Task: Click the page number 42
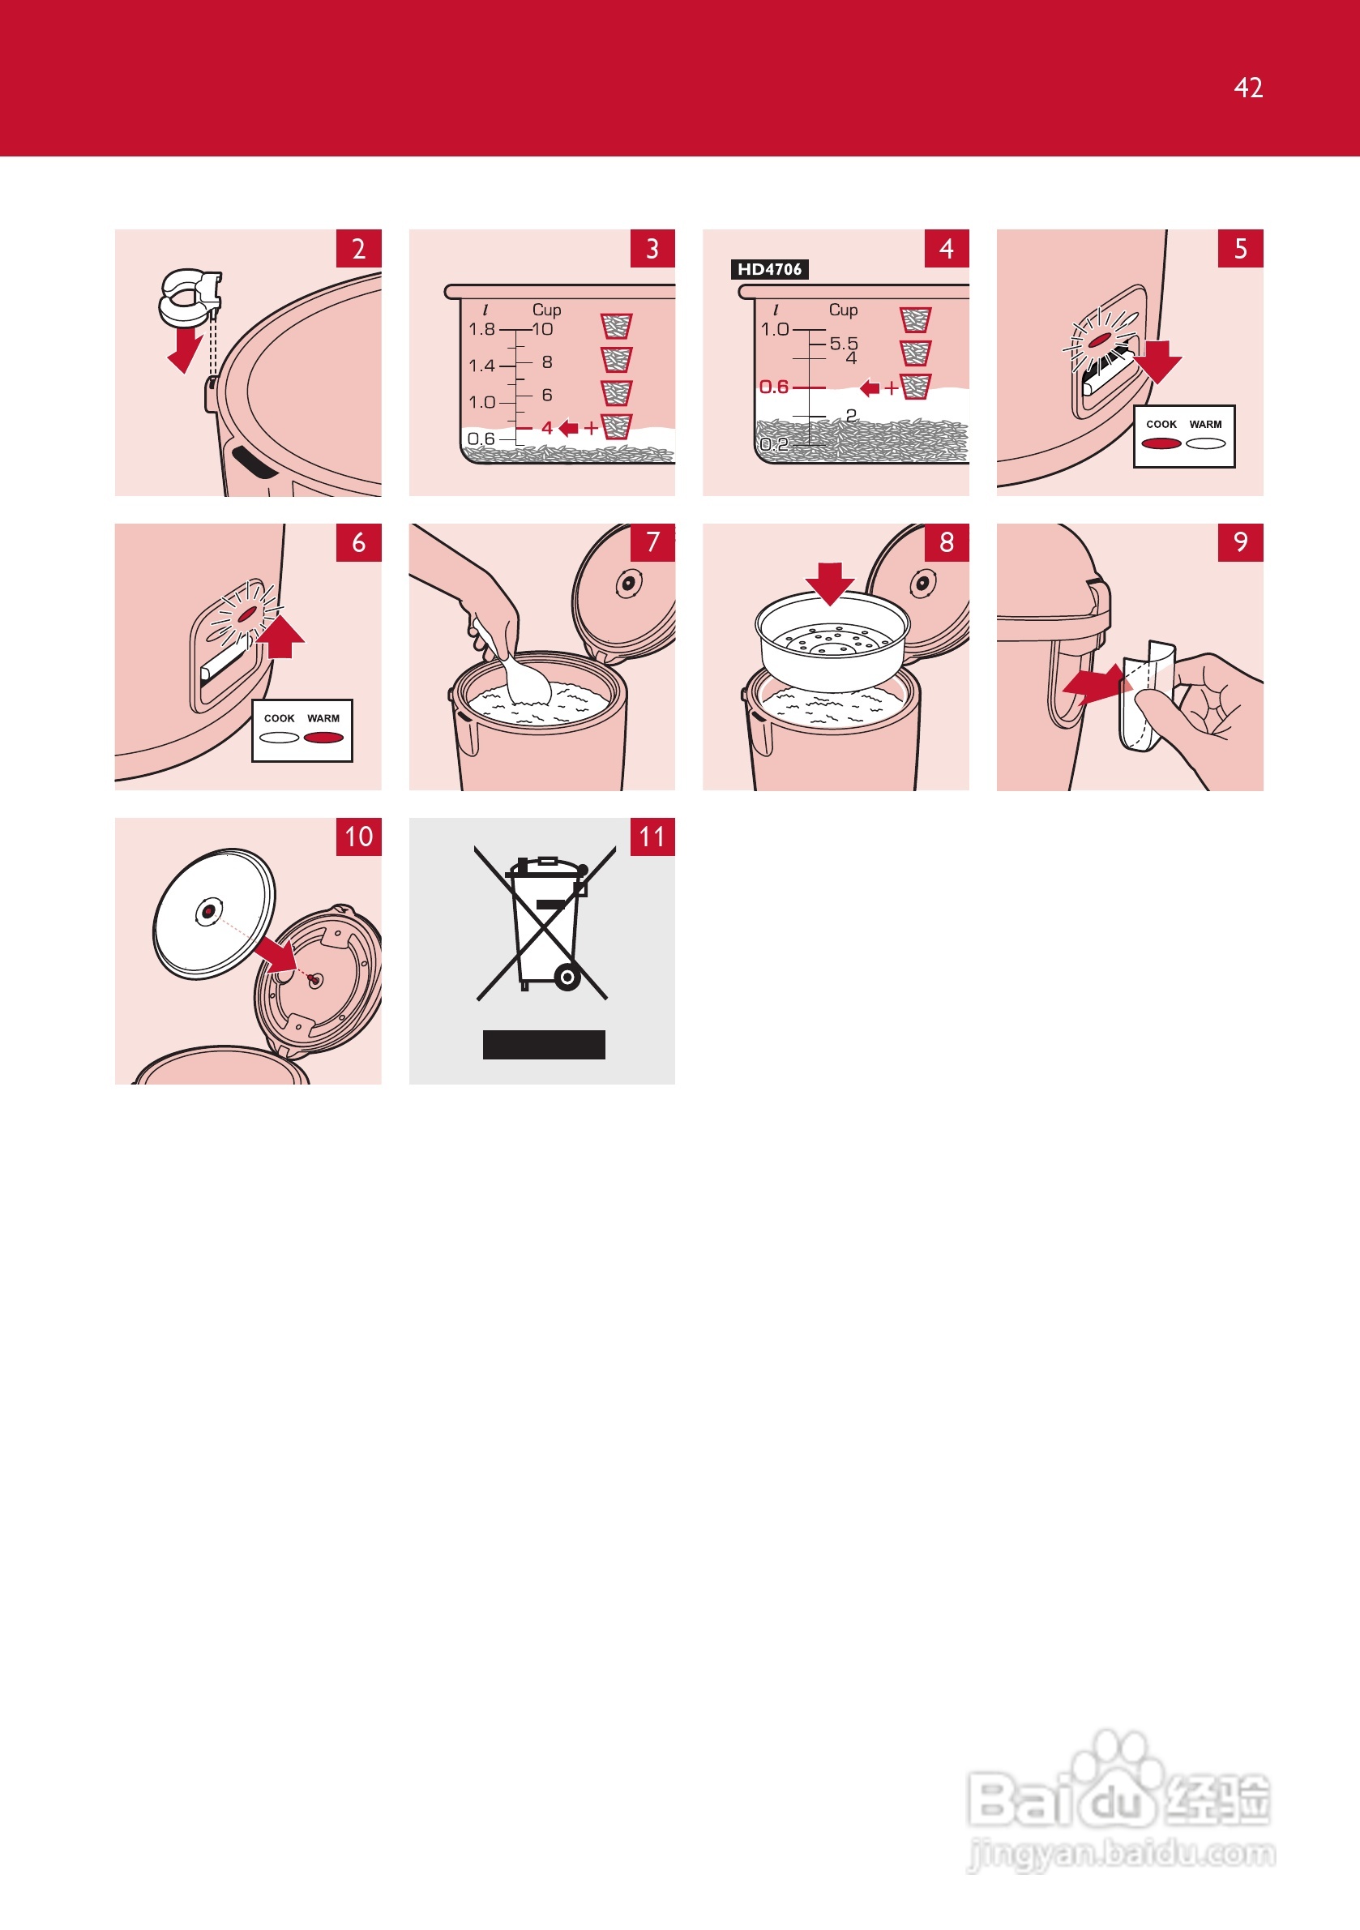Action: pos(1248,88)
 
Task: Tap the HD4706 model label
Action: pos(769,269)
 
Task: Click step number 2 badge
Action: pos(359,249)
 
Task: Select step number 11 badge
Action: pos(652,837)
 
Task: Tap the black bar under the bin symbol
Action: pos(544,1045)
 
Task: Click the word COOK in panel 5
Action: pos(1161,425)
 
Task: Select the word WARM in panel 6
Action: pos(323,719)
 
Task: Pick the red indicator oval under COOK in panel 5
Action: pos(1161,444)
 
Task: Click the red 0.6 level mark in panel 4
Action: pos(773,387)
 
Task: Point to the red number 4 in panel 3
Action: pos(547,428)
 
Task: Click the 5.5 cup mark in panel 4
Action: pos(844,343)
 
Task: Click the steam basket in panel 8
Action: pos(832,644)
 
